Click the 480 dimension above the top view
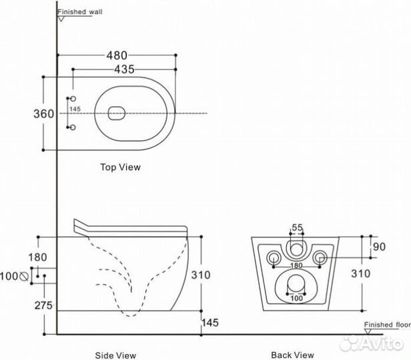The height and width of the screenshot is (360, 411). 116,55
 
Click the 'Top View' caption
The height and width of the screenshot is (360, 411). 120,167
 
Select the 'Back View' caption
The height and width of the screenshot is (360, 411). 292,355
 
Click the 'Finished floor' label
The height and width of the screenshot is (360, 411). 386,325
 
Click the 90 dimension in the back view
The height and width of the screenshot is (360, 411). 380,247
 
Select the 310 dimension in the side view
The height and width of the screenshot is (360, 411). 201,274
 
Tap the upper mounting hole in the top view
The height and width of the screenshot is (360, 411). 73,99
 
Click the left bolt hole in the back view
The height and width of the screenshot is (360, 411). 272,257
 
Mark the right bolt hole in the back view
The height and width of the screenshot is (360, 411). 320,257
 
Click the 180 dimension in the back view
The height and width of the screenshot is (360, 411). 296,265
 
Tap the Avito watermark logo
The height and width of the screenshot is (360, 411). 374,343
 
